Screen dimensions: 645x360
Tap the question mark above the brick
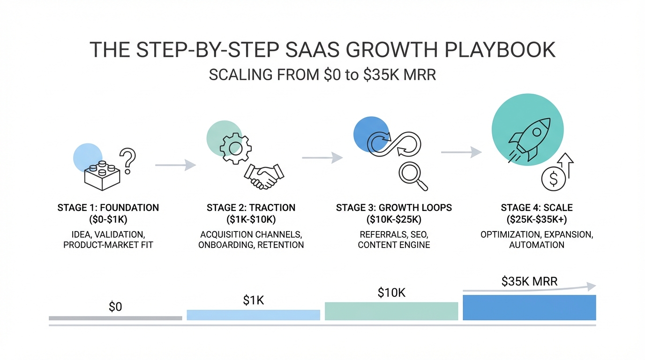[127, 160]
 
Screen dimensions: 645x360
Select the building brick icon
[102, 176]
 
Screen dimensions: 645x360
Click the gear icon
[235, 148]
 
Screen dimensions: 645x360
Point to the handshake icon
[264, 176]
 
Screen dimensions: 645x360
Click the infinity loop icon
[394, 144]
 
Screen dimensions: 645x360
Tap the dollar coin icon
[554, 179]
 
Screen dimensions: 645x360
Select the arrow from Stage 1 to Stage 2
[176, 165]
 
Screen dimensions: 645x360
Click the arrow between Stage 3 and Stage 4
[461, 152]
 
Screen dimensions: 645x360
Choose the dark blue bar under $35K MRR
[529, 307]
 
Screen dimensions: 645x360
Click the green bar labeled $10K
[391, 311]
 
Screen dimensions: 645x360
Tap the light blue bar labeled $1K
[254, 315]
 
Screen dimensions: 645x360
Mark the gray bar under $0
[115, 318]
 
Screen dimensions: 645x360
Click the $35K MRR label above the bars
[529, 281]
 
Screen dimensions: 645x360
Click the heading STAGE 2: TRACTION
[251, 208]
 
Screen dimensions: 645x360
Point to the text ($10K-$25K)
[394, 219]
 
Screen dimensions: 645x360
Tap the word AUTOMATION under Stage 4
[537, 245]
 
